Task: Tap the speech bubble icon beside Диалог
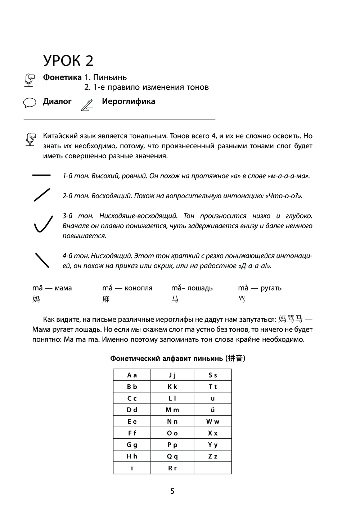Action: pyautogui.click(x=30, y=103)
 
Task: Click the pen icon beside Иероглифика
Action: pyautogui.click(x=87, y=104)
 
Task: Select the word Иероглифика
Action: pyautogui.click(x=128, y=101)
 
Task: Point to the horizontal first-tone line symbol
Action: pyautogui.click(x=41, y=175)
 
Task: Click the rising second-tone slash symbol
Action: pyautogui.click(x=41, y=194)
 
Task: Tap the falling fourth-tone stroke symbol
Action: pyautogui.click(x=42, y=260)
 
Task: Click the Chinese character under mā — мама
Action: pyautogui.click(x=36, y=299)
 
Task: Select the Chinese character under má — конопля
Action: pyautogui.click(x=106, y=299)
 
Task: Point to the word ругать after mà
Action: pyautogui.click(x=271, y=288)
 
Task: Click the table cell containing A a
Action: pyautogui.click(x=132, y=375)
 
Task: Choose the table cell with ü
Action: pyautogui.click(x=213, y=410)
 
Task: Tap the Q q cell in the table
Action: pyautogui.click(x=172, y=456)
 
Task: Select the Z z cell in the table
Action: pyautogui.click(x=213, y=456)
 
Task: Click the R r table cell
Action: pyautogui.click(x=172, y=468)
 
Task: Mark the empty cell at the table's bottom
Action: pyautogui.click(x=213, y=468)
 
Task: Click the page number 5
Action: pyautogui.click(x=172, y=491)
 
